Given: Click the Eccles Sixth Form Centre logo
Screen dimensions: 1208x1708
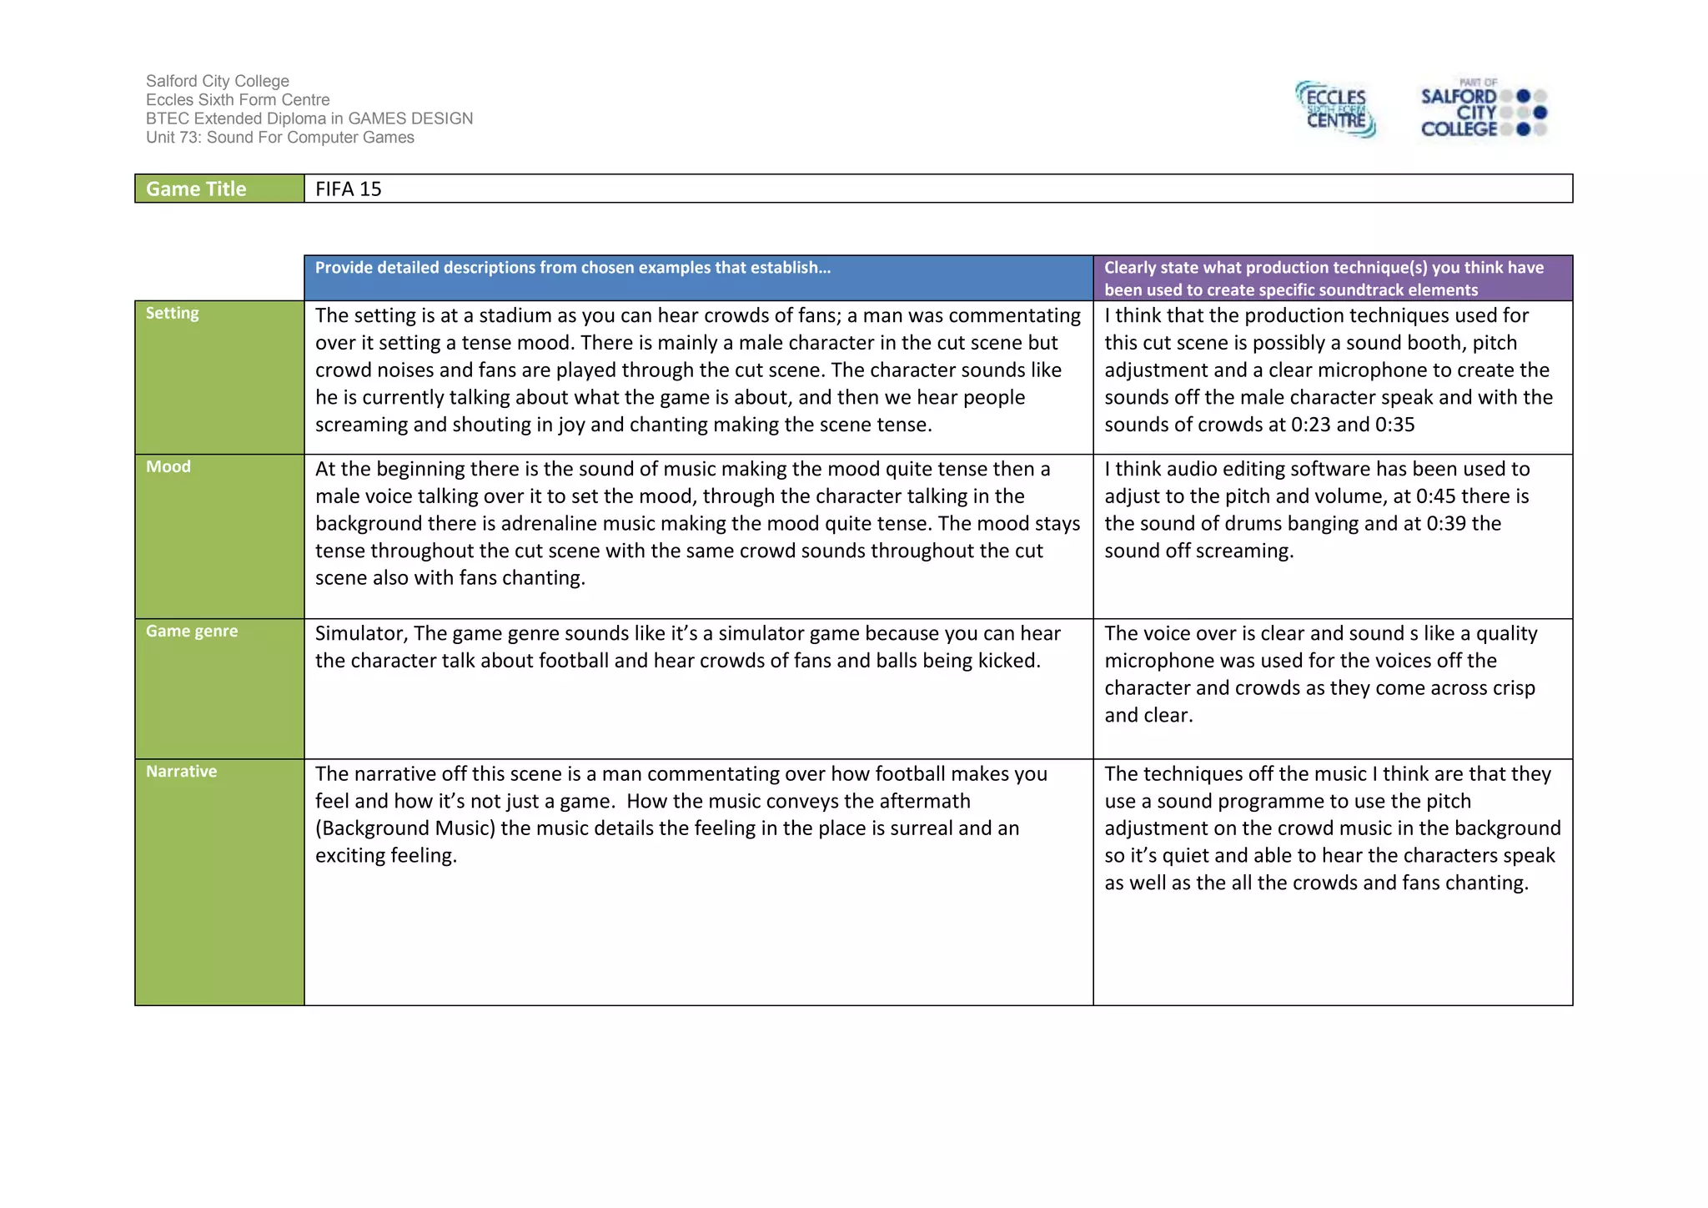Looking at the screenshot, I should click(1335, 109).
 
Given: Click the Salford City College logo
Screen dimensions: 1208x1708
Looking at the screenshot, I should click(1483, 109).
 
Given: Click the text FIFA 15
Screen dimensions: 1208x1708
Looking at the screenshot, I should click(348, 189).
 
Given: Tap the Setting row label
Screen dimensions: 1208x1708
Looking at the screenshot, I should click(173, 314).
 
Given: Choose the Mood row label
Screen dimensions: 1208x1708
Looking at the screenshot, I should click(168, 467).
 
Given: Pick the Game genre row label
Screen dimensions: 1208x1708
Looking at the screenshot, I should click(192, 632).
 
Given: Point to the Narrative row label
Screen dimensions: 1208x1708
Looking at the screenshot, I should click(181, 772).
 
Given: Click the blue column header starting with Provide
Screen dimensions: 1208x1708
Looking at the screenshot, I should click(572, 268).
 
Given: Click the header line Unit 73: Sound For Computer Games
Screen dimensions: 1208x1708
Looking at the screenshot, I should click(279, 138).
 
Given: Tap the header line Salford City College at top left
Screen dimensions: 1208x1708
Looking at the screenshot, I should click(217, 81).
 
